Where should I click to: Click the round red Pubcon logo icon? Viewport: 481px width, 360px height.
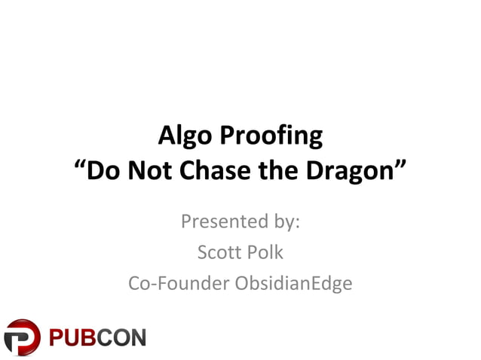[23, 337]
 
